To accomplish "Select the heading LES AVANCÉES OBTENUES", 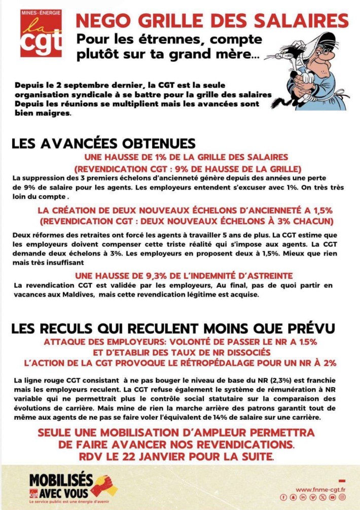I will pyautogui.click(x=103, y=143).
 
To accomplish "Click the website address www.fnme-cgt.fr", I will pyautogui.click(x=320, y=489).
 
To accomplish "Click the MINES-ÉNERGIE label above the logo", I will pyautogui.click(x=42, y=12).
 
